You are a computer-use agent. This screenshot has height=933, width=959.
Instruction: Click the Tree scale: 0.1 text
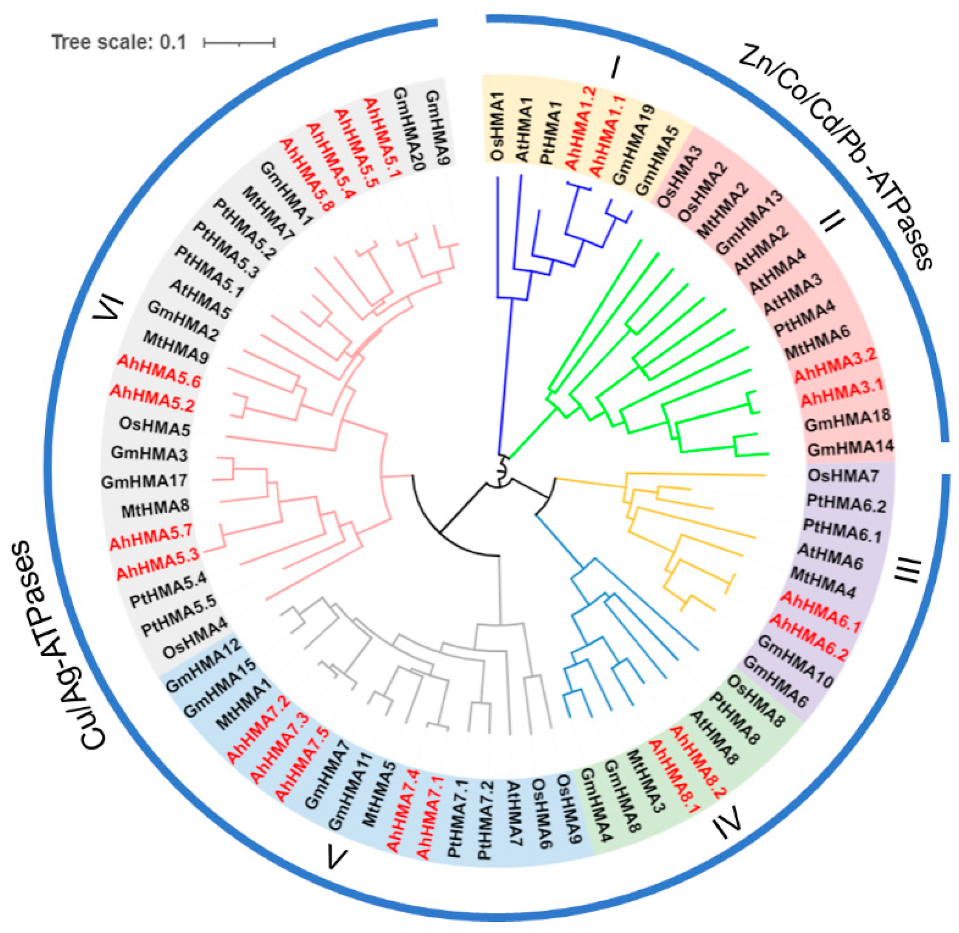tap(119, 42)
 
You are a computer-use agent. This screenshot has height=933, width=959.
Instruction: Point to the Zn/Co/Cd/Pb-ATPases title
tap(837, 157)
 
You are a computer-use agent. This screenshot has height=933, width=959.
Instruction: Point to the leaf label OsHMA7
tap(843, 476)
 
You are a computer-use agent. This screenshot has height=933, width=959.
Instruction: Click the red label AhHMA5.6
tap(159, 371)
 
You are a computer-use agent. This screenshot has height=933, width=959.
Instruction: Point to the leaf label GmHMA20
tap(409, 128)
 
